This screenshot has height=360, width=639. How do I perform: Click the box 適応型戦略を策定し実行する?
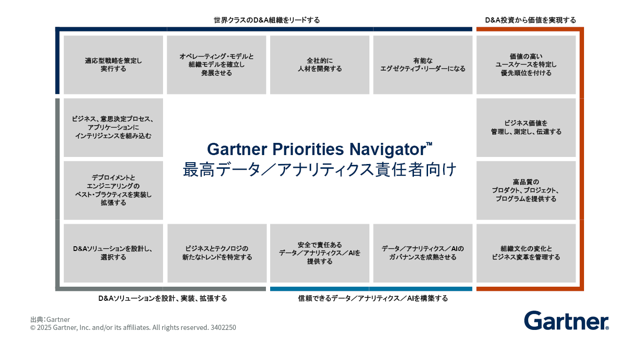[x=113, y=65]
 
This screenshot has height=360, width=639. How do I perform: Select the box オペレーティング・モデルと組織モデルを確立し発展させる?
[x=217, y=65]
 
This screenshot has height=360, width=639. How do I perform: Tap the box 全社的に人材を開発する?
[x=319, y=65]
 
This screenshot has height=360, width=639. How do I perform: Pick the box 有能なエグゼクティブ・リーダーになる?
[x=423, y=65]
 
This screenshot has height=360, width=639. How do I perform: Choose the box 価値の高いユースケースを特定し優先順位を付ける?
[x=526, y=65]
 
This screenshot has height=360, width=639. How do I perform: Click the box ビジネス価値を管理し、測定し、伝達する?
[x=526, y=127]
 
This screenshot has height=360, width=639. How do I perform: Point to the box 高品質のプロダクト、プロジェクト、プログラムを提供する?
[x=526, y=190]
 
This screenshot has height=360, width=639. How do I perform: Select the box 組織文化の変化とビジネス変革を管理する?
[x=526, y=253]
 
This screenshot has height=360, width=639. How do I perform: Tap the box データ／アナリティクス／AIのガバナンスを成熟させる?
[x=423, y=253]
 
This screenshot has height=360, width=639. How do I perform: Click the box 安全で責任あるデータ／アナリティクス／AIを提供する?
[x=319, y=253]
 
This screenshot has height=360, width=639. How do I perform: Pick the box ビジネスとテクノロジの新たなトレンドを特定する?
[x=217, y=253]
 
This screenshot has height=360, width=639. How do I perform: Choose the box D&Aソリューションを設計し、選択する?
[x=113, y=253]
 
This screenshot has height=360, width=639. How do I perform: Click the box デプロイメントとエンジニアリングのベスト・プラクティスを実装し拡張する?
[x=113, y=190]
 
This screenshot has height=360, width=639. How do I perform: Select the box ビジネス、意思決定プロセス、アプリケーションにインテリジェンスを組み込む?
[x=113, y=127]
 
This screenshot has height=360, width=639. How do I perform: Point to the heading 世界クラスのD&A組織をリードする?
[x=266, y=20]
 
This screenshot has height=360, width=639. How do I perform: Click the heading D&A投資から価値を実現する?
[x=530, y=20]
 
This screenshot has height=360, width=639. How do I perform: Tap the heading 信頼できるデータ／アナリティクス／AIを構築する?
[x=373, y=298]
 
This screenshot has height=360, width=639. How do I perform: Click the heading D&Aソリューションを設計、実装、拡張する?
[x=163, y=298]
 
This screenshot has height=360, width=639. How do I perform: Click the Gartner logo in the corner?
[x=566, y=321]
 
